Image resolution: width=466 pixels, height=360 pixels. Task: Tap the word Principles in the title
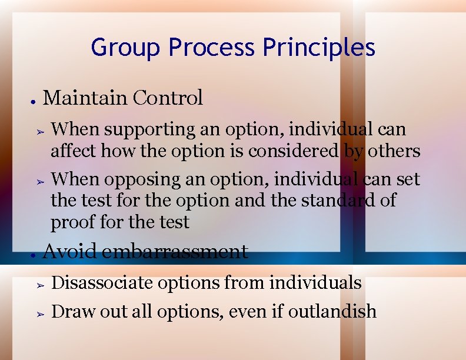click(x=319, y=48)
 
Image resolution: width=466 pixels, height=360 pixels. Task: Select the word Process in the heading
click(x=211, y=48)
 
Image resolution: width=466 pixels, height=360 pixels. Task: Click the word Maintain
click(x=85, y=98)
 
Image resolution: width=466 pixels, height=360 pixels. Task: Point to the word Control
click(x=168, y=98)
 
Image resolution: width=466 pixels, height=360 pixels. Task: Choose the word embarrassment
click(x=174, y=252)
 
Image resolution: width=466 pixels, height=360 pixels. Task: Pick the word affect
click(x=74, y=152)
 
